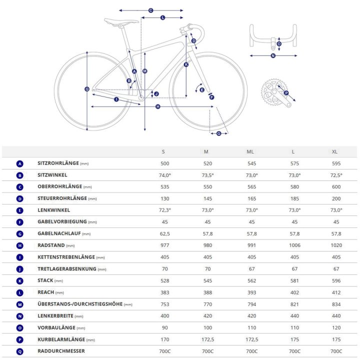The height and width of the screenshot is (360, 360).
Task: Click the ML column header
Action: pyautogui.click(x=250, y=152)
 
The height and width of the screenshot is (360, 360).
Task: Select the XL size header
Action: pyautogui.click(x=334, y=152)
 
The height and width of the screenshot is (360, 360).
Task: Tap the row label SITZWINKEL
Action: pyautogui.click(x=52, y=175)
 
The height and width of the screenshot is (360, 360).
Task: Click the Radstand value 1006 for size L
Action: pyautogui.click(x=294, y=245)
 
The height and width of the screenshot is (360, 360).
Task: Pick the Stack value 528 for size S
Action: pyautogui.click(x=165, y=280)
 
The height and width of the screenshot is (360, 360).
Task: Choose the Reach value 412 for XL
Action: pyautogui.click(x=336, y=292)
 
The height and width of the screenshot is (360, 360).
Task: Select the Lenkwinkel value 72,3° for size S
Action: pyautogui.click(x=165, y=210)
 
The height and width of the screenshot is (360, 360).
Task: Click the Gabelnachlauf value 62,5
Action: pyautogui.click(x=165, y=233)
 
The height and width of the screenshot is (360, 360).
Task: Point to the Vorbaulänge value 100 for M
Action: pyautogui.click(x=207, y=327)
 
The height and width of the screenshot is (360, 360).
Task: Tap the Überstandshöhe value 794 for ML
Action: pyautogui.click(x=251, y=304)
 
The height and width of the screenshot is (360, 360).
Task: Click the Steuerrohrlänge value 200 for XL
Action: pyautogui.click(x=336, y=198)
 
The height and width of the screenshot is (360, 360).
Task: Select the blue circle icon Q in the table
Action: pyautogui.click(x=20, y=351)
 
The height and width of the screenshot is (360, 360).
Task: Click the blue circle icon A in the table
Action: pyautogui.click(x=20, y=163)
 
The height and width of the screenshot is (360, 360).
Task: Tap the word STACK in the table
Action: pyautogui.click(x=45, y=280)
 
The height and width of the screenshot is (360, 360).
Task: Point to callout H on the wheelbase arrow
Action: pyautogui.click(x=157, y=106)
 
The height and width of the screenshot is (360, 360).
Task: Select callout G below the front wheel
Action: pyautogui.click(x=219, y=133)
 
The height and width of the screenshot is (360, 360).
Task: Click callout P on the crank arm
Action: pyautogui.click(x=286, y=93)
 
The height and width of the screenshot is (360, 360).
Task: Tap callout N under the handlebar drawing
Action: pyautogui.click(x=273, y=55)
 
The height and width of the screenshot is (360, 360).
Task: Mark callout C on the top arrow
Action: pyautogui.click(x=151, y=10)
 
